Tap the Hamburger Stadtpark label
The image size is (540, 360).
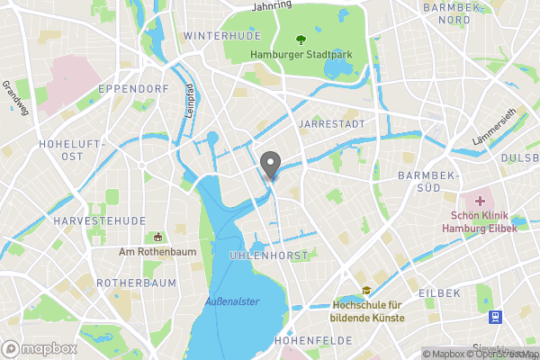coord(301,54)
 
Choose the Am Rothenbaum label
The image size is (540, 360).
coord(157,252)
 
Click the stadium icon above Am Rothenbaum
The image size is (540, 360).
coord(158,237)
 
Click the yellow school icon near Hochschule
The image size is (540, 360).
coord(366,291)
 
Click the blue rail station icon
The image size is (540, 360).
coord(494,317)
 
